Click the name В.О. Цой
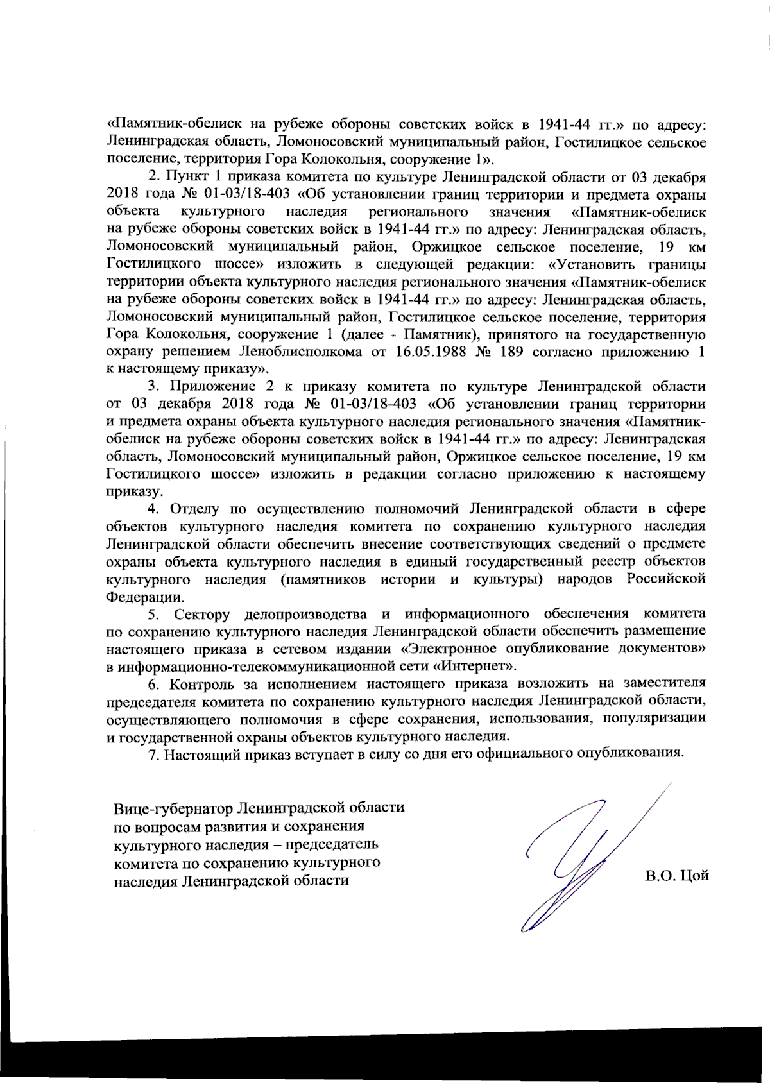tap(676, 876)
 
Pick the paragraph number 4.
tap(153, 509)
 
